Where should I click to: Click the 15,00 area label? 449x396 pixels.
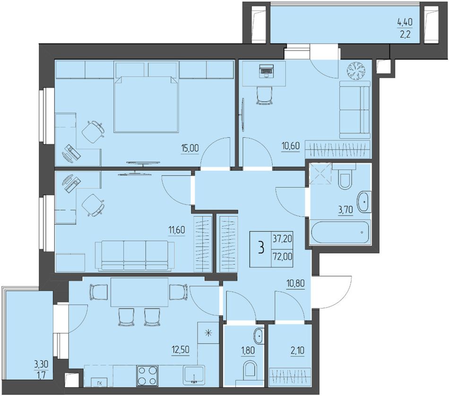(x=190, y=148)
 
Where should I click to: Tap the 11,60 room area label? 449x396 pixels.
(x=177, y=229)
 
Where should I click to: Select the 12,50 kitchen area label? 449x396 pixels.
(x=181, y=350)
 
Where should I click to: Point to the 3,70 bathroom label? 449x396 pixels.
(x=345, y=211)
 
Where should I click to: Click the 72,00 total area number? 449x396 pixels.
(x=282, y=256)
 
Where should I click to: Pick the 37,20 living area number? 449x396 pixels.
(x=282, y=238)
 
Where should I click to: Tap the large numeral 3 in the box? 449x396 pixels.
(x=260, y=248)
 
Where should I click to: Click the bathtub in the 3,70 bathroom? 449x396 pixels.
(x=340, y=232)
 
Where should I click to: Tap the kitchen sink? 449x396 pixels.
(x=194, y=374)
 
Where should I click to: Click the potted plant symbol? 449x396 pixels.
(x=356, y=70)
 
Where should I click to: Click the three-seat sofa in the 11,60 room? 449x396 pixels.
(x=135, y=256)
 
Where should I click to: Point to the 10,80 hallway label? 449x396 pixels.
(x=295, y=284)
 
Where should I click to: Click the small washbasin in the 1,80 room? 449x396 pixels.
(x=258, y=336)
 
